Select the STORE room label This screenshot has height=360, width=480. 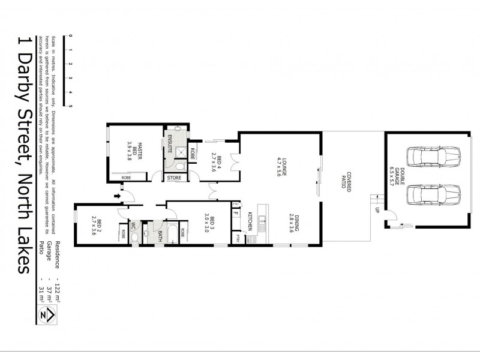point(175,178)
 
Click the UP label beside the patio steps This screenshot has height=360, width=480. point(377,210)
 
